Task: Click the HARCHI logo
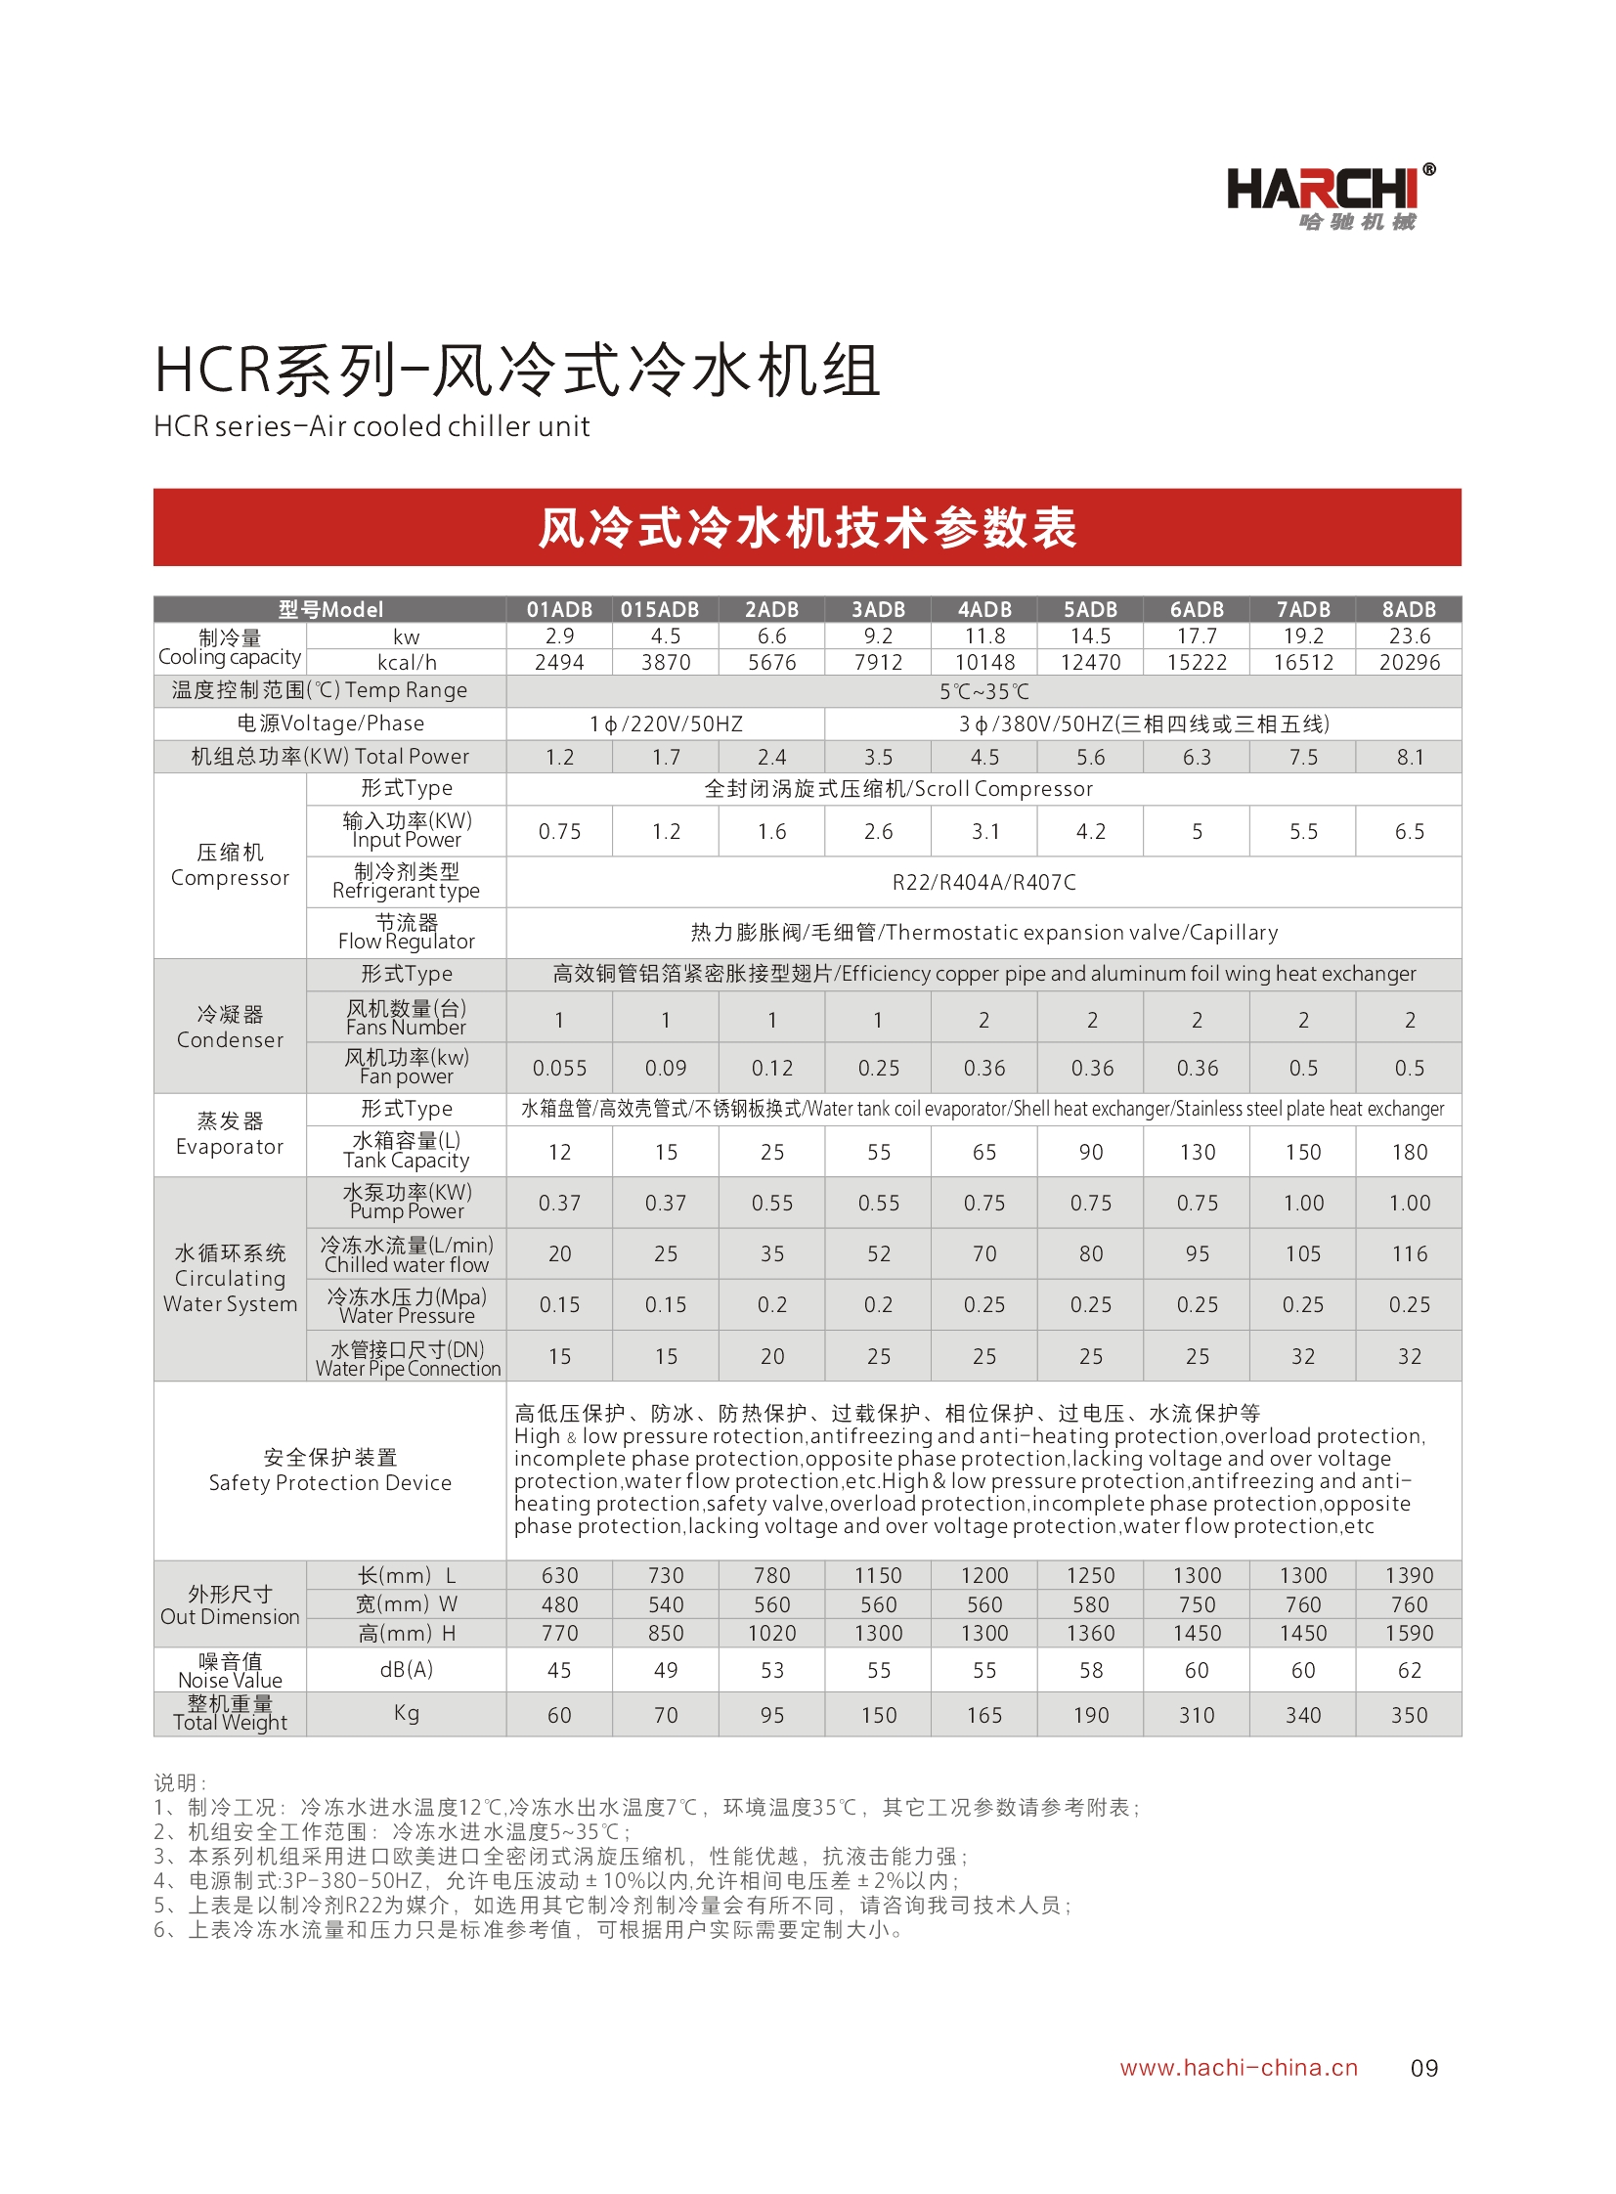tap(1330, 197)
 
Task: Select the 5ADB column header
tap(1090, 609)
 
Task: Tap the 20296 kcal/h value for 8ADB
tap(1409, 662)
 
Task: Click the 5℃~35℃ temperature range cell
tap(983, 691)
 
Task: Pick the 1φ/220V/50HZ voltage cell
tap(665, 724)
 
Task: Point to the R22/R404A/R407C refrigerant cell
tap(983, 882)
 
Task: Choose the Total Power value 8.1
tap(1409, 757)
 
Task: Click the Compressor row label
tap(230, 864)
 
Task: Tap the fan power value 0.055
tap(558, 1068)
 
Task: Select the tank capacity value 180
tap(1409, 1153)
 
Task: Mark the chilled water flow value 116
tap(1409, 1254)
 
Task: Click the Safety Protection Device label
tap(329, 1470)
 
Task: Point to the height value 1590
tap(1409, 1633)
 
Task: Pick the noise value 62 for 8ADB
tap(1409, 1670)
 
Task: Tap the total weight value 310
tap(1197, 1715)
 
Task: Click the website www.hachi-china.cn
tap(1239, 2067)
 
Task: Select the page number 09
tap(1423, 2068)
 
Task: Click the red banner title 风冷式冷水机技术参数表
tap(807, 527)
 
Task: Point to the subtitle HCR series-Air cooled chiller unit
tap(371, 426)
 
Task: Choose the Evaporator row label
tap(230, 1134)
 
